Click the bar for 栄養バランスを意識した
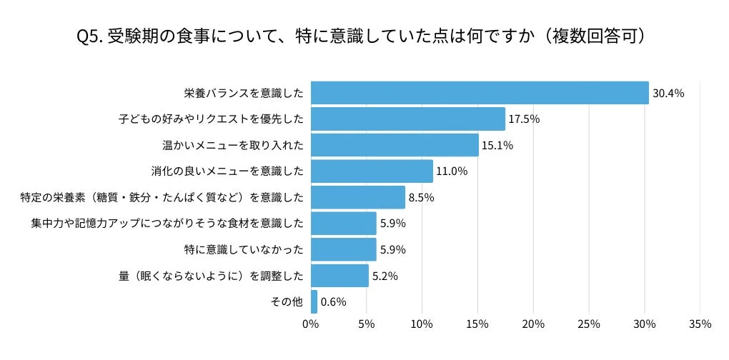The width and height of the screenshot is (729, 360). pyautogui.click(x=480, y=93)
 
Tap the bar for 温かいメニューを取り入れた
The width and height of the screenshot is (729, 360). pyautogui.click(x=395, y=145)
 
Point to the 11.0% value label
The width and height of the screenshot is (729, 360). pyautogui.click(x=452, y=171)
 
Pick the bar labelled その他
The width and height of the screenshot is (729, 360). pyautogui.click(x=314, y=301)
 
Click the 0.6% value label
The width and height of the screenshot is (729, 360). pyautogui.click(x=333, y=301)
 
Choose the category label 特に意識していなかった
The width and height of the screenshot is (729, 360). pyautogui.click(x=244, y=249)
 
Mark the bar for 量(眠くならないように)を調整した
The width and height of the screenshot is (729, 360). pyautogui.click(x=339, y=276)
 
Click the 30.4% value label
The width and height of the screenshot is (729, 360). pyautogui.click(x=668, y=93)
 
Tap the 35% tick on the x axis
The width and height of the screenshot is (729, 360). pyautogui.click(x=700, y=324)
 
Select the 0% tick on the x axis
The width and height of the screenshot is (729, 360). pyautogui.click(x=311, y=324)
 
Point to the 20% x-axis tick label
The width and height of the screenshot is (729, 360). pyautogui.click(x=533, y=324)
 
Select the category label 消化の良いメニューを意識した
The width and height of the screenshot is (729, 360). pyautogui.click(x=227, y=171)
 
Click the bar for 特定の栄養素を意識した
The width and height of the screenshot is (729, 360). pyautogui.click(x=358, y=197)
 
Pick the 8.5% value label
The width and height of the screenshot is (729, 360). pyautogui.click(x=421, y=197)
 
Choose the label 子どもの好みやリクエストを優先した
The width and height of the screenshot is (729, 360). pyautogui.click(x=211, y=119)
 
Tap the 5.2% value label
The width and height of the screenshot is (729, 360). pyautogui.click(x=385, y=276)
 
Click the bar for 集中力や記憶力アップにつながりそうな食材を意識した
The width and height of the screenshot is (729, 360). pyautogui.click(x=344, y=224)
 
